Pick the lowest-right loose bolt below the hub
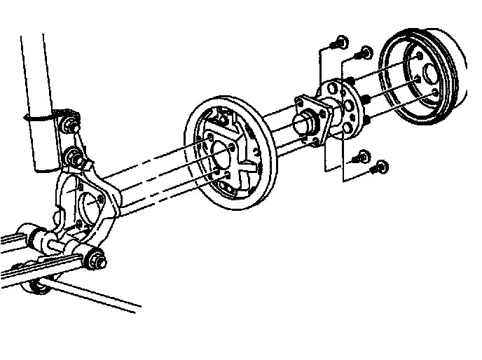click(380, 167)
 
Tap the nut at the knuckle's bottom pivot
click(96, 260)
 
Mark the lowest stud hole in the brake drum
click(434, 93)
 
